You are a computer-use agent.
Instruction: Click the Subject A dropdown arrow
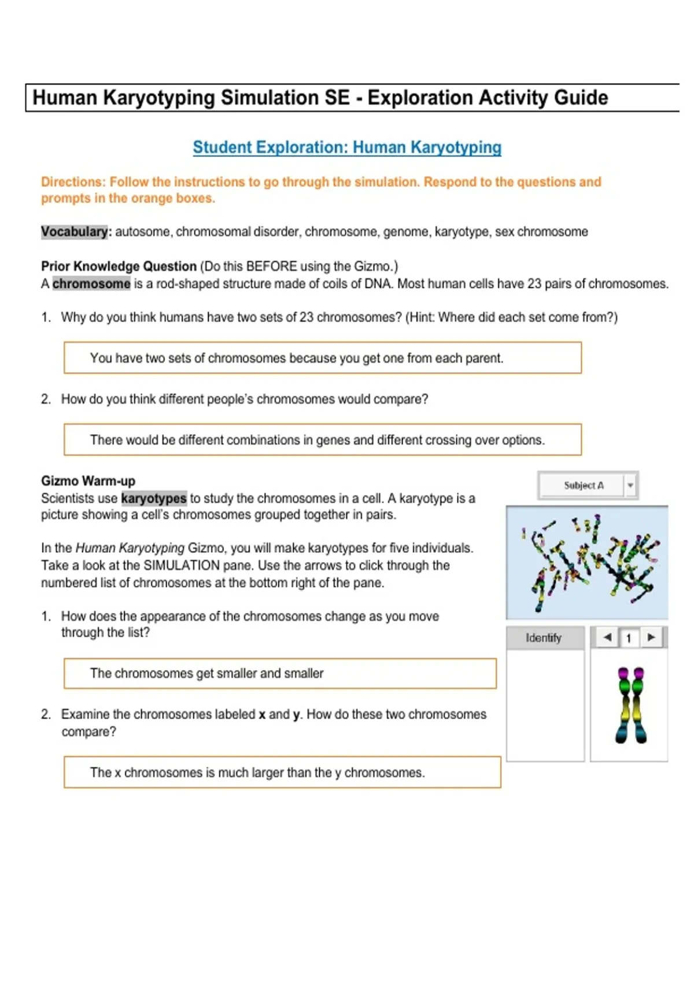click(630, 485)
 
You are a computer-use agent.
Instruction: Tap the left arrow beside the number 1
click(607, 637)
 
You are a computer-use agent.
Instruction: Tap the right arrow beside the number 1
click(651, 637)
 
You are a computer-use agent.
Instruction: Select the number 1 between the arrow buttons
click(629, 638)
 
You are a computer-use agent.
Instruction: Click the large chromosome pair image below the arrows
click(631, 705)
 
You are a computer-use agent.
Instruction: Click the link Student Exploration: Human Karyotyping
click(347, 147)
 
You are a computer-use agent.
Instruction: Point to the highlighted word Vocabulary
click(74, 232)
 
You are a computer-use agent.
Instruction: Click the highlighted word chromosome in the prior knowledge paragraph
click(91, 284)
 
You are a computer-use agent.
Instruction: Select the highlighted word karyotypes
click(154, 498)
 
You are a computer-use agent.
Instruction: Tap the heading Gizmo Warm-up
click(88, 481)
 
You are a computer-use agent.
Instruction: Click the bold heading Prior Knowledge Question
click(119, 267)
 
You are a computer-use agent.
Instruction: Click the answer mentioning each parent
click(297, 358)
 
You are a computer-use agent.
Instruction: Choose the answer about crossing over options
click(318, 439)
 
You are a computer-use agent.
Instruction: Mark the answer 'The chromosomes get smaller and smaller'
click(206, 673)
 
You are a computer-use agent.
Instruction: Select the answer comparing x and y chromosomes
click(258, 773)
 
